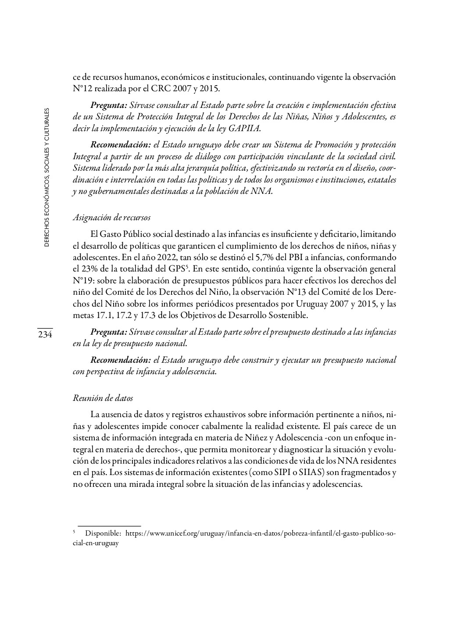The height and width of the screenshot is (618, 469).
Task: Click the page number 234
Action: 45,334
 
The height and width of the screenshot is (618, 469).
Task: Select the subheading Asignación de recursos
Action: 111,217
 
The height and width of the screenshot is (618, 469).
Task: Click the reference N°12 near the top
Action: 82,89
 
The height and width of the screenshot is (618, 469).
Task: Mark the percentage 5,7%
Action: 267,257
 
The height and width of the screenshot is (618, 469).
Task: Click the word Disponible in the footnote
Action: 103,534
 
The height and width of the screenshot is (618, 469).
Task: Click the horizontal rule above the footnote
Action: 109,525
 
